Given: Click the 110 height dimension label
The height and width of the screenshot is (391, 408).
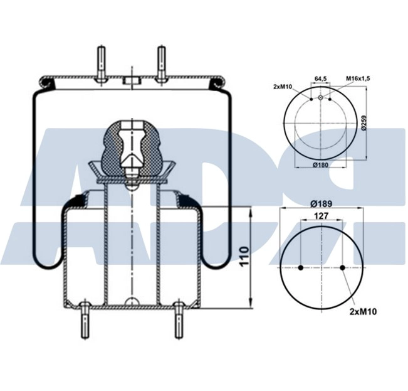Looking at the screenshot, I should click(244, 257).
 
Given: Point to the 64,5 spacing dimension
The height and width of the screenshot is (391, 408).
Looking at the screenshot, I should click(320, 79).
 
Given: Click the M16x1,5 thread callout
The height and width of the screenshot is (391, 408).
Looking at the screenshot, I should click(358, 79).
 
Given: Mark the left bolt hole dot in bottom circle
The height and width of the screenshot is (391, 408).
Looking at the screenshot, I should click(301, 268).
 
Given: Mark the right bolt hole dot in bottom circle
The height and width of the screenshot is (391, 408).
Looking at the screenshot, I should click(343, 268).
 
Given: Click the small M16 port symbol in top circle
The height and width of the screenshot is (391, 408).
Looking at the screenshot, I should click(321, 98).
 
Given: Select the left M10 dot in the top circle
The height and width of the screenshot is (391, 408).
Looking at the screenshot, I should click(311, 99).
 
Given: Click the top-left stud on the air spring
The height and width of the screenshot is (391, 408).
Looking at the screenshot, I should click(100, 63).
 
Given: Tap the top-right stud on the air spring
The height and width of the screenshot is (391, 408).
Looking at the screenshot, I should click(161, 63).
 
